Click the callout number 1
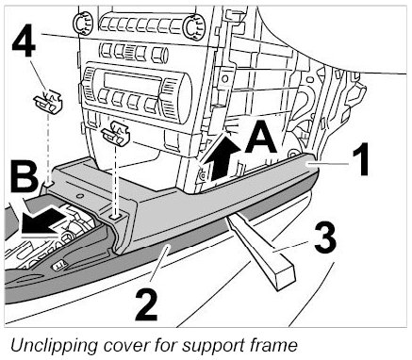(x=360, y=159)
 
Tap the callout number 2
(x=147, y=305)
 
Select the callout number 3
(x=325, y=237)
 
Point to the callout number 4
(x=24, y=41)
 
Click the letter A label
(x=260, y=138)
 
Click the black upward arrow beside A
(x=224, y=157)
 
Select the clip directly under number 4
(x=48, y=102)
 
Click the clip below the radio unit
(x=115, y=134)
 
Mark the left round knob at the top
(x=83, y=24)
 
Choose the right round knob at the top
(x=194, y=26)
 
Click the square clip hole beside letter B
(x=48, y=182)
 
